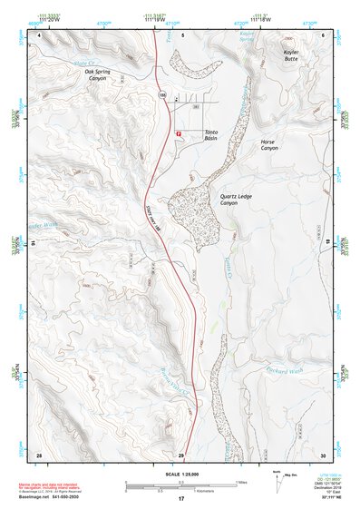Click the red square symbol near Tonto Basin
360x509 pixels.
[x=178, y=132]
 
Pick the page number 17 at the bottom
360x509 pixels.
[x=180, y=499]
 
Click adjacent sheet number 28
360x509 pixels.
[x=38, y=453]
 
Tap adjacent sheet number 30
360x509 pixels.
[x=324, y=453]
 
